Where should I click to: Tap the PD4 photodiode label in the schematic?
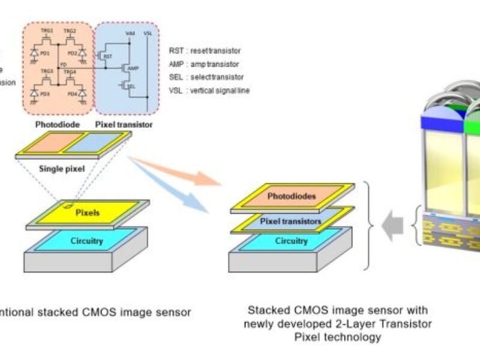click(x=73, y=93)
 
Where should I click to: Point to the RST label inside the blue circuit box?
click(x=108, y=56)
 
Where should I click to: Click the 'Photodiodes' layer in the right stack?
click(x=291, y=196)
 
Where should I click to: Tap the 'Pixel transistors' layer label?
click(x=291, y=221)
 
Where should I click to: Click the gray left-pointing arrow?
click(x=391, y=226)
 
